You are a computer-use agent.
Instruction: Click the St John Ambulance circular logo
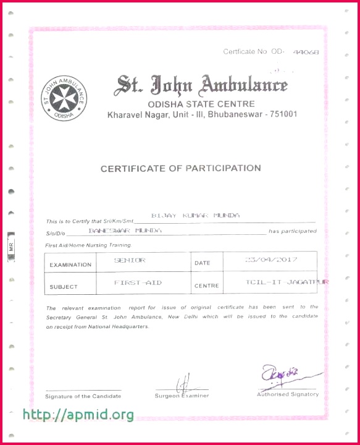64,98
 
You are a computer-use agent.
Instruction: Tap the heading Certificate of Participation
180,168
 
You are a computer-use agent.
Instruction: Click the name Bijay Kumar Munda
195,216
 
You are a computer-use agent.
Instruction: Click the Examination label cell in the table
70,265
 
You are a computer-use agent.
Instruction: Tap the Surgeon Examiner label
182,396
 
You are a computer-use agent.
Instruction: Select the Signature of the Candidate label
83,396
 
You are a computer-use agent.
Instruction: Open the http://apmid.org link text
78,415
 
